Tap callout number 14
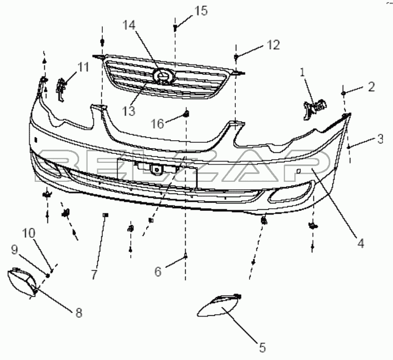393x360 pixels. (x=130, y=25)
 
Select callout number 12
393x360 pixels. (x=272, y=45)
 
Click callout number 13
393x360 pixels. (x=128, y=111)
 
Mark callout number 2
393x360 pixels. (x=371, y=87)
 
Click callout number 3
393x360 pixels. (x=380, y=139)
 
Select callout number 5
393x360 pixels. (x=262, y=347)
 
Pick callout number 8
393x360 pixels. (x=79, y=313)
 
